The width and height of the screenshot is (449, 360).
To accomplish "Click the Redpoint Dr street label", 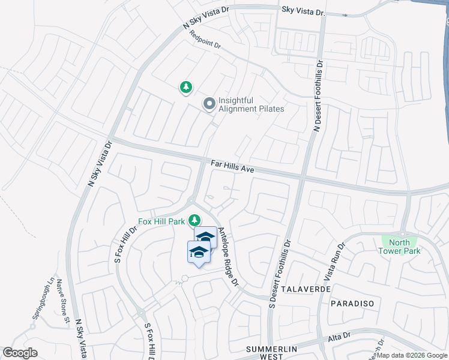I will tap(205, 40).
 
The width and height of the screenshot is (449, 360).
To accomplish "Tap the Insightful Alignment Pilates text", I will tap(252, 105).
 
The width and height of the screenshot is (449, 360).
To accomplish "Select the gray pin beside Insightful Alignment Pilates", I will tap(209, 104).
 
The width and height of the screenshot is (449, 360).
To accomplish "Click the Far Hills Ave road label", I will tap(233, 166).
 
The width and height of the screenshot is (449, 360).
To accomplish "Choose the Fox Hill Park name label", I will tap(161, 221).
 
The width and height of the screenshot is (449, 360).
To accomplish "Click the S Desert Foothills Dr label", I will tap(280, 276).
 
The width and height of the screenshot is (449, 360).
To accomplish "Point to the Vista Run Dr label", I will tap(337, 261).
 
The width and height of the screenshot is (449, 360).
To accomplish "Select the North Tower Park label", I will tap(400, 247).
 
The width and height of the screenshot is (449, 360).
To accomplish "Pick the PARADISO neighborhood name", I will tap(352, 304).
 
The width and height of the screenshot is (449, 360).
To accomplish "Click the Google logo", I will tap(20, 353).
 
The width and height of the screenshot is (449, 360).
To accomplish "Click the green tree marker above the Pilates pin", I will tap(186, 88).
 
